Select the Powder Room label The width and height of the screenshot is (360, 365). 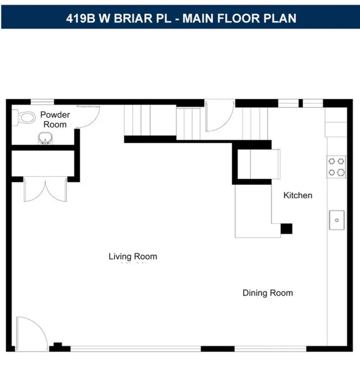(x=55, y=120)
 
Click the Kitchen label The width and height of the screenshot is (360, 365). (x=297, y=195)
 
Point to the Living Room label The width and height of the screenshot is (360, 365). (x=132, y=256)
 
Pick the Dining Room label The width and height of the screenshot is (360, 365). (x=268, y=292)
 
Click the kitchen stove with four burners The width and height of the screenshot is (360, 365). (x=337, y=167)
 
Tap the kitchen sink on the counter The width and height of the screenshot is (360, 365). (x=337, y=220)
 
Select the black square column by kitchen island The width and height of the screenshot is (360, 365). (x=286, y=228)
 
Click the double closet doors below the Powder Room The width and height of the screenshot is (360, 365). (x=45, y=189)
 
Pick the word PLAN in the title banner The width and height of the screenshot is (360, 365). (x=280, y=18)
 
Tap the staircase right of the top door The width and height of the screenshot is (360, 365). (x=255, y=123)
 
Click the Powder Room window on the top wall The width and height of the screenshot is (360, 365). (x=42, y=102)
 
